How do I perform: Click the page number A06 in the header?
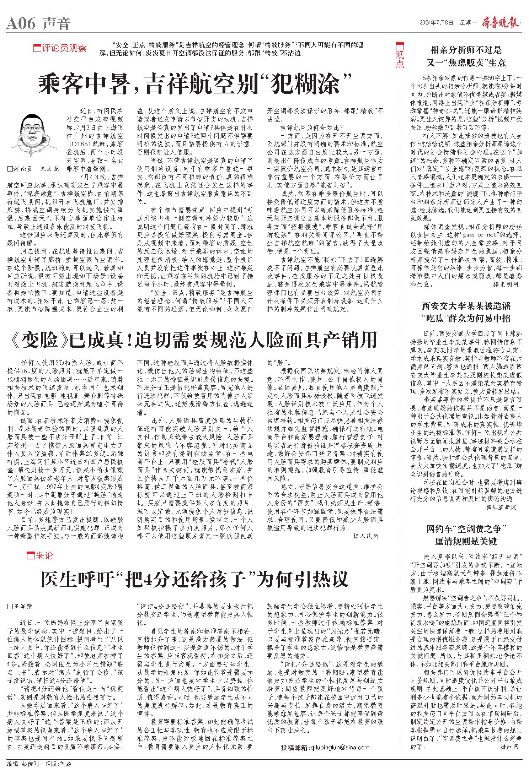click(21, 24)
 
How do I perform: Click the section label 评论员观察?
click(60, 48)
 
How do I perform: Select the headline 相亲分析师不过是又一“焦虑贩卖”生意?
click(466, 56)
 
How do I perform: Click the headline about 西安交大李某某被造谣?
click(466, 311)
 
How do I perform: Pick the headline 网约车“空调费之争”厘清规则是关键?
click(466, 535)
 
